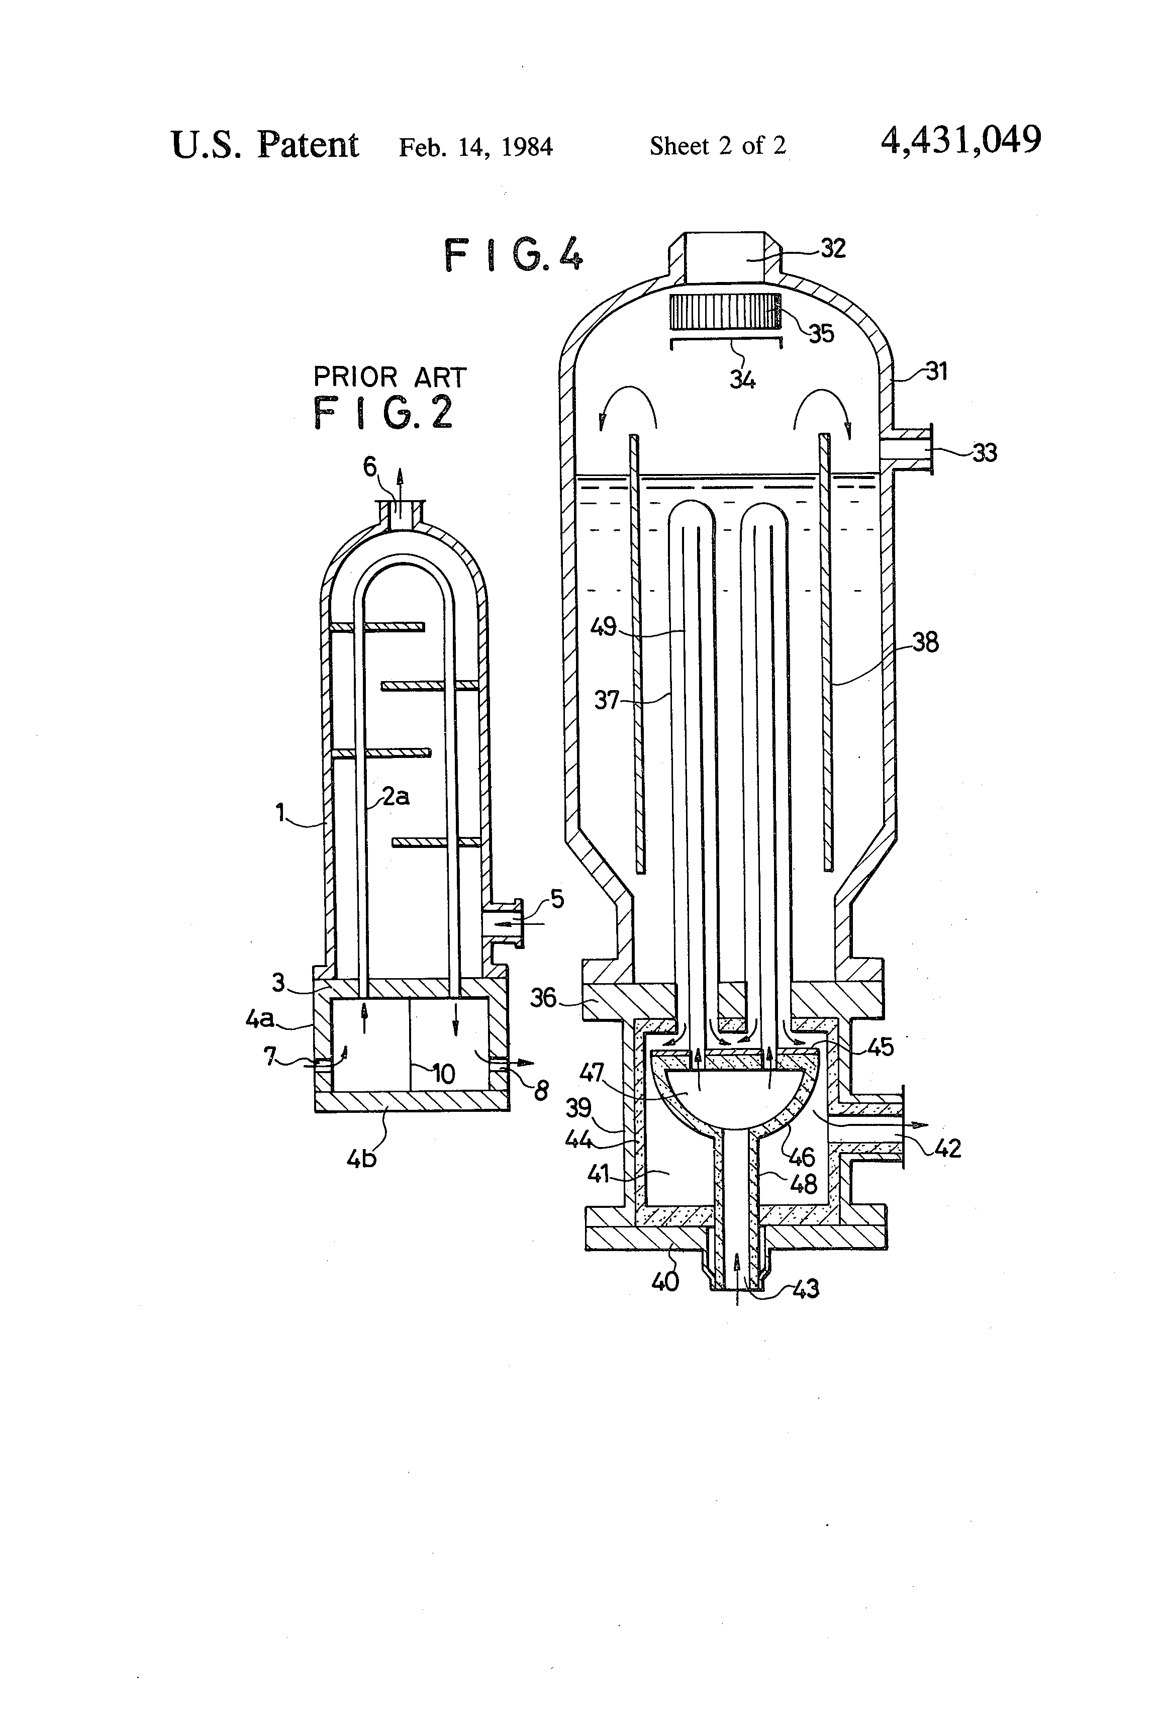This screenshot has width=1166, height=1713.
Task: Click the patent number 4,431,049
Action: pyautogui.click(x=960, y=140)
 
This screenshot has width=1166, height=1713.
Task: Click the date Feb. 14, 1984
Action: pyautogui.click(x=475, y=147)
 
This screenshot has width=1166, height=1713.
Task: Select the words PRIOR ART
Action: pyautogui.click(x=390, y=377)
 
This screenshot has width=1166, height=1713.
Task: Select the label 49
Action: pyautogui.click(x=603, y=627)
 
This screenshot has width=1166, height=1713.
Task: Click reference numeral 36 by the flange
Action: pyautogui.click(x=543, y=998)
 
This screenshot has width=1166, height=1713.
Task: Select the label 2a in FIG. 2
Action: pyautogui.click(x=396, y=796)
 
